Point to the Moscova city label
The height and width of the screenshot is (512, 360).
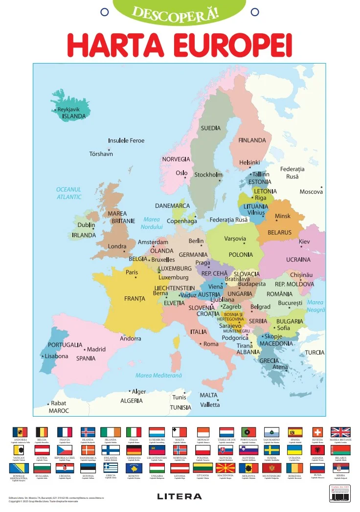click(x=311, y=192)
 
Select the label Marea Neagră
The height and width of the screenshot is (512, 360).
click(x=315, y=306)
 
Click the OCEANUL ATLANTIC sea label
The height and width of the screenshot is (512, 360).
click(x=68, y=193)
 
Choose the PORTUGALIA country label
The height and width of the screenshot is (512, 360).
click(x=65, y=345)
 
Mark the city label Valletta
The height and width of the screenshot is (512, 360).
click(x=210, y=405)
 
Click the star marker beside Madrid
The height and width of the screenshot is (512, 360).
click(x=84, y=350)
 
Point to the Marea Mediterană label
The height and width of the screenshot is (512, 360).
click(x=158, y=376)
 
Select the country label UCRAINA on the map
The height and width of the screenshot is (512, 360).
click(x=298, y=259)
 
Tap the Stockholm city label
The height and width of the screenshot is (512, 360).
click(x=208, y=175)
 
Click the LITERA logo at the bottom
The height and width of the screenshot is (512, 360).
click(x=180, y=496)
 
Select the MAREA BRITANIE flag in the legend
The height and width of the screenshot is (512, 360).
click(x=340, y=432)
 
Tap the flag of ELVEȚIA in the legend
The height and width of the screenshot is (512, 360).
click(x=317, y=432)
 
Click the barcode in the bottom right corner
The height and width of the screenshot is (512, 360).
click(x=340, y=496)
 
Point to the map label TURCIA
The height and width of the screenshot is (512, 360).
click(x=315, y=353)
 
